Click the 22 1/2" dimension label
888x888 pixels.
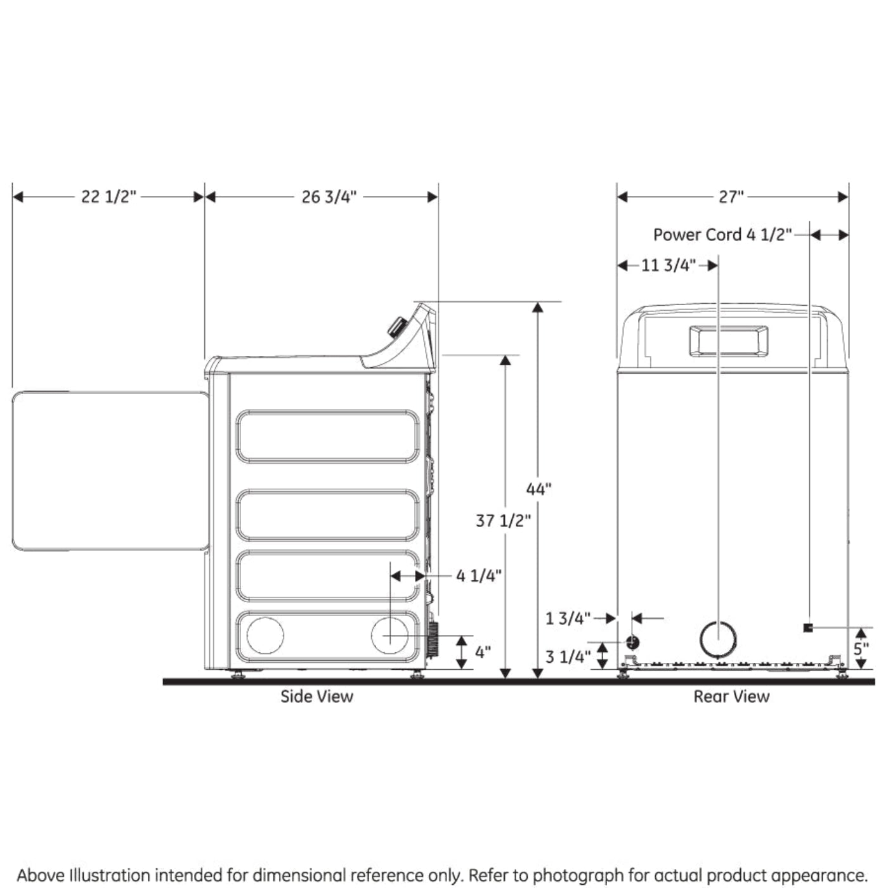tap(108, 197)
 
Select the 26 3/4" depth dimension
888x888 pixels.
tap(329, 197)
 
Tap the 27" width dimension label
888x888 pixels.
tap(731, 197)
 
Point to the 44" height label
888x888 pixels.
tap(539, 489)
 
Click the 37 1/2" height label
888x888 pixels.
tap(503, 521)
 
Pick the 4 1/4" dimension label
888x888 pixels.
tap(479, 575)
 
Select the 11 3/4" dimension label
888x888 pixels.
tap(668, 265)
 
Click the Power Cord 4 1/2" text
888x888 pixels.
tap(722, 235)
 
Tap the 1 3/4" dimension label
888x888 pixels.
tap(568, 618)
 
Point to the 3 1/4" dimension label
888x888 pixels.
tap(568, 656)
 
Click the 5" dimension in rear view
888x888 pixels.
tap(861, 649)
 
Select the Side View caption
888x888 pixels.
tap(317, 696)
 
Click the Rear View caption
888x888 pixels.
tap(731, 696)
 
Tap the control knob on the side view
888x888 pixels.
tap(398, 327)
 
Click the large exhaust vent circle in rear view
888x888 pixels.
tap(718, 639)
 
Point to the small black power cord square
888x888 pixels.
tap(808, 627)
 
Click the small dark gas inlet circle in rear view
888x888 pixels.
tap(632, 643)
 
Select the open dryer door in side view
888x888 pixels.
tap(109, 471)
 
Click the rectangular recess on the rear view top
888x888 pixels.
tap(728, 341)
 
